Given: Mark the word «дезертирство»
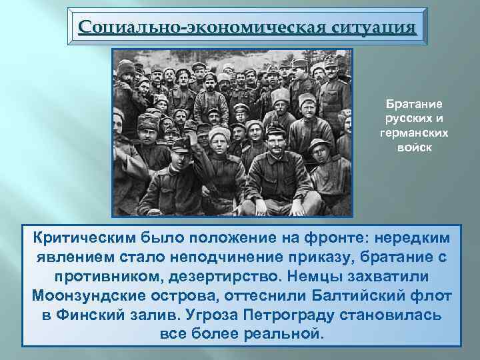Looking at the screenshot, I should pyautogui.click(x=243, y=276).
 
